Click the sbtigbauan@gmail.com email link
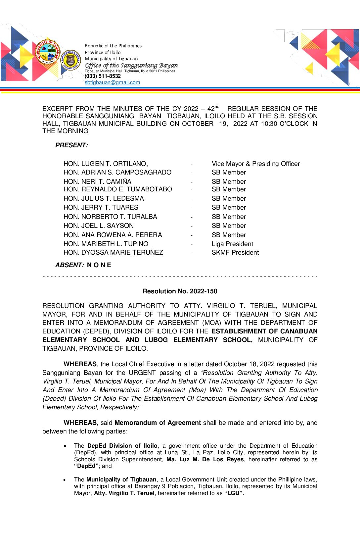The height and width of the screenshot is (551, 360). (x=112, y=82)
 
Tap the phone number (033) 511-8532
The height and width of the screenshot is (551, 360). (x=103, y=76)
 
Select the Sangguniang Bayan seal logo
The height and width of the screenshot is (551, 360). (x=70, y=60)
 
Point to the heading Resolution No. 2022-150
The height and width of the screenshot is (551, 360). (x=180, y=291)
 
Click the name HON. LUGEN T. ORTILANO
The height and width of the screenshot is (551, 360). (x=105, y=164)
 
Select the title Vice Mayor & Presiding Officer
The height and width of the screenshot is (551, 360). (x=255, y=164)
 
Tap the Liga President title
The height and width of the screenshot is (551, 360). (x=232, y=244)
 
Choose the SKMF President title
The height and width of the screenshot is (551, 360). (x=235, y=253)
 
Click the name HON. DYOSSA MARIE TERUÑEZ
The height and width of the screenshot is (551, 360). (x=113, y=253)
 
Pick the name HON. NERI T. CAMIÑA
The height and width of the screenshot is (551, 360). (x=97, y=182)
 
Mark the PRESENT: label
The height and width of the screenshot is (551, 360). (x=71, y=145)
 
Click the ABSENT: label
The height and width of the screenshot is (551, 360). (x=69, y=265)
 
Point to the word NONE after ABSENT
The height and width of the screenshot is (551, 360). (x=99, y=265)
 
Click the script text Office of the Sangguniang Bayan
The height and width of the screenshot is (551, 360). (x=131, y=66)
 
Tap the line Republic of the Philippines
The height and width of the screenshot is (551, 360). (x=113, y=46)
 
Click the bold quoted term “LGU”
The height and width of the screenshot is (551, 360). (x=234, y=493)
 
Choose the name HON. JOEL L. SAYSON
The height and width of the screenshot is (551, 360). (x=98, y=226)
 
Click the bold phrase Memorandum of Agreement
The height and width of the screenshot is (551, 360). (x=157, y=423)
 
